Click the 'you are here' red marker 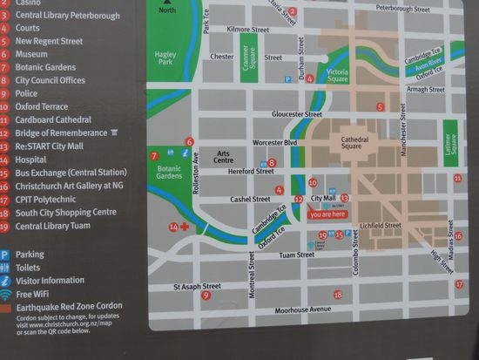pos(327,214)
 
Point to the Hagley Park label pos(165,59)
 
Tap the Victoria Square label pos(336,72)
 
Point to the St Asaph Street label pos(197,286)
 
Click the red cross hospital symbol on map pos(185,227)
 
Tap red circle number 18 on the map pos(338,295)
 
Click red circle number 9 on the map pos(206,295)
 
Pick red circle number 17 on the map pos(459,284)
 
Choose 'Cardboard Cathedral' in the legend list pos(53,119)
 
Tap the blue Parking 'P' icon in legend pos(5,255)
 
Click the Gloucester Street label pos(297,114)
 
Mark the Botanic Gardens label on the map pos(169,170)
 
